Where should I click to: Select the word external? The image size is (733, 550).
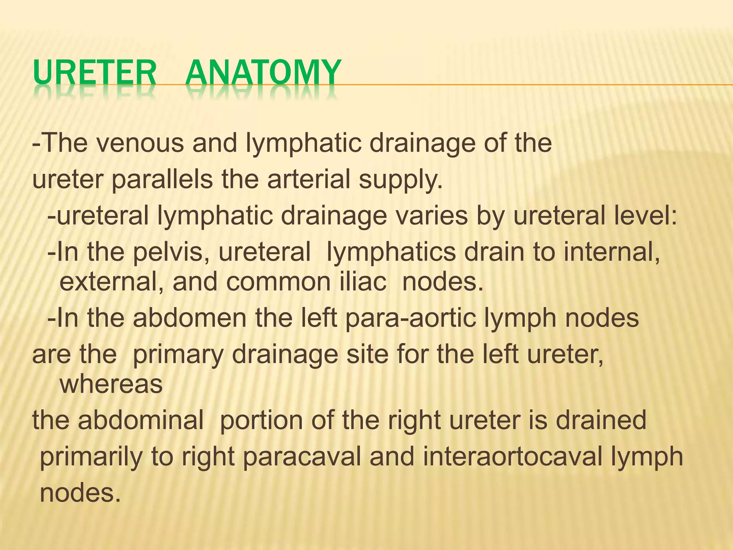coord(111,282)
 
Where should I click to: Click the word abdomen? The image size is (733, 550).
coord(190,318)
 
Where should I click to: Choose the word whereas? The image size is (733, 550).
coord(111,384)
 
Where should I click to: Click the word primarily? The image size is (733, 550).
coord(91,457)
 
